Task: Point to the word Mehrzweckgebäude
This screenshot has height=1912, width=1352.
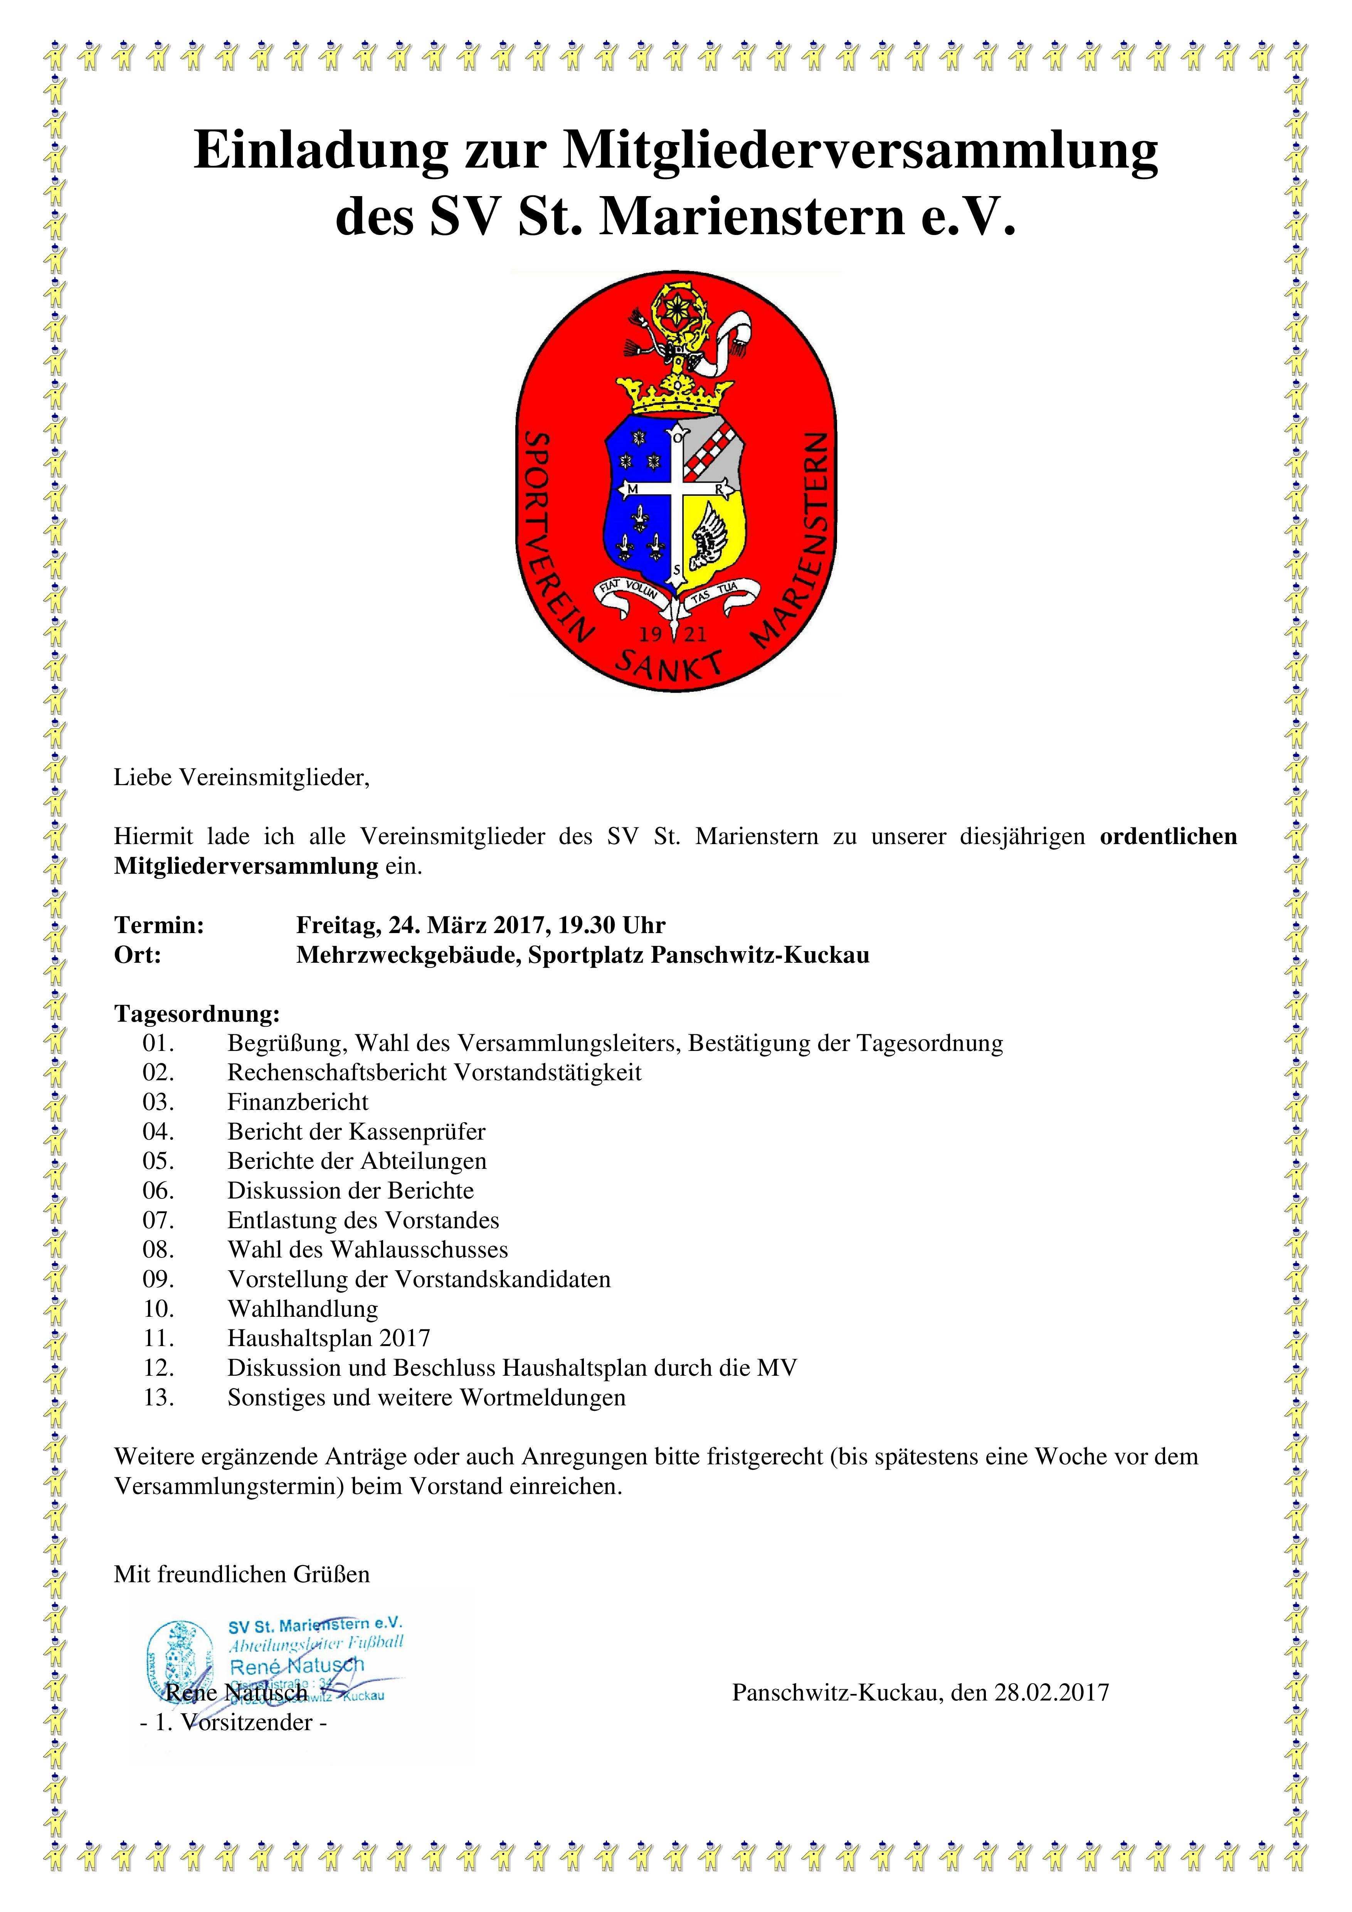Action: (x=408, y=954)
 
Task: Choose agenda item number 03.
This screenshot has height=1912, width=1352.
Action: (x=158, y=1102)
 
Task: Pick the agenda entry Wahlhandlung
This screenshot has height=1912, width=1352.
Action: (x=303, y=1308)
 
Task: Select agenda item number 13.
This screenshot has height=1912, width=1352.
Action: (x=158, y=1397)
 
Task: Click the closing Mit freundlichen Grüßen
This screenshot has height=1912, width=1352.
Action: (x=242, y=1574)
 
